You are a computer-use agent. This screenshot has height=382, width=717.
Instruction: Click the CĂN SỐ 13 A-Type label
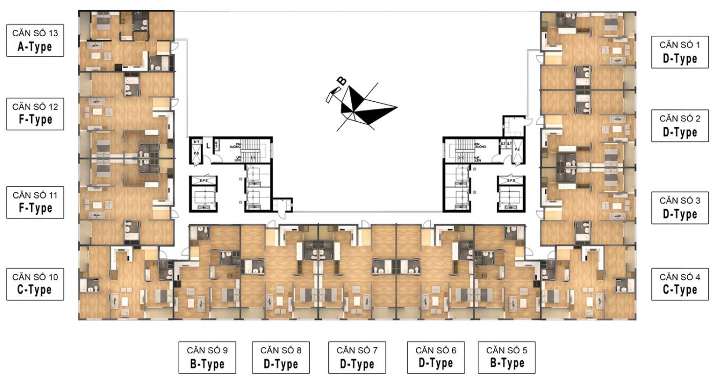click(x=35, y=41)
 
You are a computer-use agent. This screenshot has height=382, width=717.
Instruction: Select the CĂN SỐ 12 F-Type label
click(x=35, y=115)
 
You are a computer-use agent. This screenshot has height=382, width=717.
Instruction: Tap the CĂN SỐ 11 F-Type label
click(x=35, y=203)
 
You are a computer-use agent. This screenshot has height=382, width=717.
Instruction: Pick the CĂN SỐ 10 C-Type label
click(x=35, y=284)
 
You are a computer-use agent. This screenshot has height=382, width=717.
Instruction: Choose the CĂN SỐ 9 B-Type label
click(x=208, y=357)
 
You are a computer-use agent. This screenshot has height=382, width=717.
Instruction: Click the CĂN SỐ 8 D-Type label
click(x=281, y=357)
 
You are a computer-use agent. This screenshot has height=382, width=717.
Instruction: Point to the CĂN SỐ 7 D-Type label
click(x=357, y=357)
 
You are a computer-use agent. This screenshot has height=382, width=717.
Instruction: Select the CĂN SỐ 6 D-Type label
click(x=436, y=357)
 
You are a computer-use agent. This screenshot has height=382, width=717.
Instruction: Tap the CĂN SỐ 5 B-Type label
click(x=507, y=357)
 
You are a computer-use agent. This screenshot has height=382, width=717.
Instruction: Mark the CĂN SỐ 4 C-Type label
click(x=680, y=284)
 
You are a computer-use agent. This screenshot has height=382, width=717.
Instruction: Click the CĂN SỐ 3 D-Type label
click(x=680, y=208)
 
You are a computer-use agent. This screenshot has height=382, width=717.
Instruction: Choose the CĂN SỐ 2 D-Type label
click(x=680, y=126)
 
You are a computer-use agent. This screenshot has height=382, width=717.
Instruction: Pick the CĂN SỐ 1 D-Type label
click(x=680, y=52)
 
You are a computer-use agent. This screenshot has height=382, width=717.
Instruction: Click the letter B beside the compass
click(x=341, y=81)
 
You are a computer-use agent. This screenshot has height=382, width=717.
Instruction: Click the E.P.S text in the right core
click(x=511, y=181)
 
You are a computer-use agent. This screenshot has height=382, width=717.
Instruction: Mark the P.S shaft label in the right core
click(x=517, y=150)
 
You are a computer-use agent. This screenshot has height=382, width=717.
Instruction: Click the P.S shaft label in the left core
click(x=196, y=152)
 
